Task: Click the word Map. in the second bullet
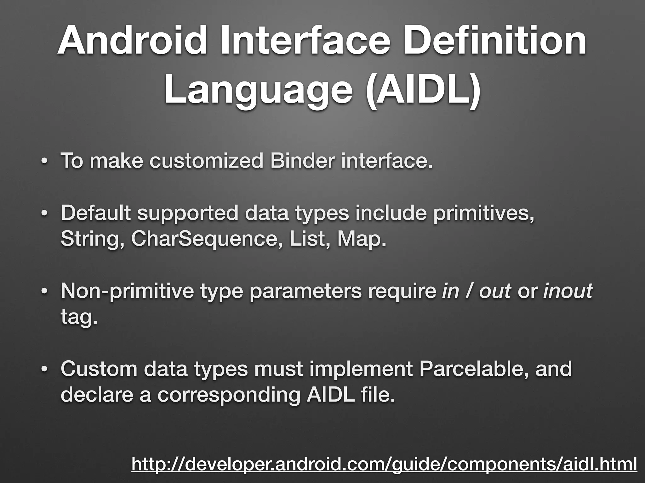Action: (x=362, y=240)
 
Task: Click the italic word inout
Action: (x=568, y=291)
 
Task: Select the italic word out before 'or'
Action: (x=495, y=291)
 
